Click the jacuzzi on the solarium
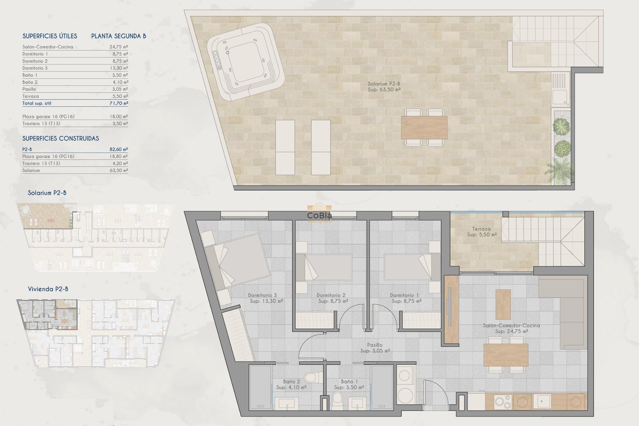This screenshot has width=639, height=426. [x=246, y=62]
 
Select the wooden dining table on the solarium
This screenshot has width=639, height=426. [x=424, y=127]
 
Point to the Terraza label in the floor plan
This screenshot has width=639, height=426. [x=481, y=229]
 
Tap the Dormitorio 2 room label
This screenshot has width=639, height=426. [x=331, y=295]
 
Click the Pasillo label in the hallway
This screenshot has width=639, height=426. [x=375, y=345]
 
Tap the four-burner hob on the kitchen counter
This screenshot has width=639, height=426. [x=503, y=402]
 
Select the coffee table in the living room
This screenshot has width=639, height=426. [x=503, y=304]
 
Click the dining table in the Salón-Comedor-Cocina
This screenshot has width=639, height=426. [x=506, y=355]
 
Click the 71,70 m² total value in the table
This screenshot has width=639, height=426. [x=119, y=103]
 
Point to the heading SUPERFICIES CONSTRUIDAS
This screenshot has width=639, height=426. [x=61, y=138]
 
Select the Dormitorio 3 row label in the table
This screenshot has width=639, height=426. [x=35, y=68]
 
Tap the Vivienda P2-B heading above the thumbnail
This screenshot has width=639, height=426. [x=48, y=289]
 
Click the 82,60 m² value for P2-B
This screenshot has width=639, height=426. [x=119, y=149]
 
